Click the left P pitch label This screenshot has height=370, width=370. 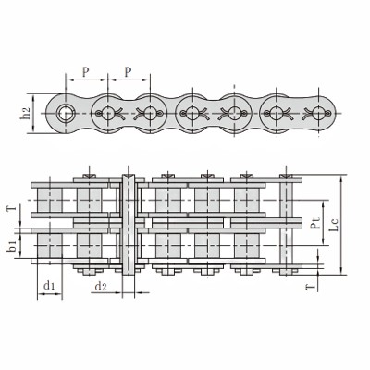coord(85,69)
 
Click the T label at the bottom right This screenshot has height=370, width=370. coord(311,288)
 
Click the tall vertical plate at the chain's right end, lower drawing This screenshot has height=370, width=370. coord(289,227)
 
